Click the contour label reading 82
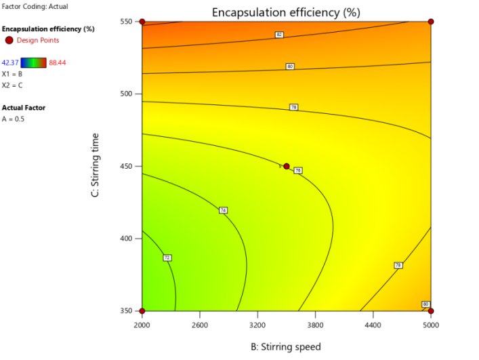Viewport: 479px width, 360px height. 279,35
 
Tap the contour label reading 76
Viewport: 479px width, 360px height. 297,170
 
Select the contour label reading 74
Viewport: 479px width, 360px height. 223,210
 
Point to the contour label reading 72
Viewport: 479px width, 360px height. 167,258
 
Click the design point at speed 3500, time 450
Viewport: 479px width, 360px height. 287,166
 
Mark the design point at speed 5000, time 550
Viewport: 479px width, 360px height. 431,22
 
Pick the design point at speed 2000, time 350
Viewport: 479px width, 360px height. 142,311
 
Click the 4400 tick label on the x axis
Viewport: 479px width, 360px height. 373,323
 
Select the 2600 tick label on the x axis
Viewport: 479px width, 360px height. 200,323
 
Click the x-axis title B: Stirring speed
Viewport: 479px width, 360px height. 286,346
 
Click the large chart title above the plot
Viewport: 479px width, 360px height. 286,12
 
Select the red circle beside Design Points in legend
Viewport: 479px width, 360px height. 9,41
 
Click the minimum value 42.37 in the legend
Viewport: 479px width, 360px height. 11,62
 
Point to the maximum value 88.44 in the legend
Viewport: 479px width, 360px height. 58,62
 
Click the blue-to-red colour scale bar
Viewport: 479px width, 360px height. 34,62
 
